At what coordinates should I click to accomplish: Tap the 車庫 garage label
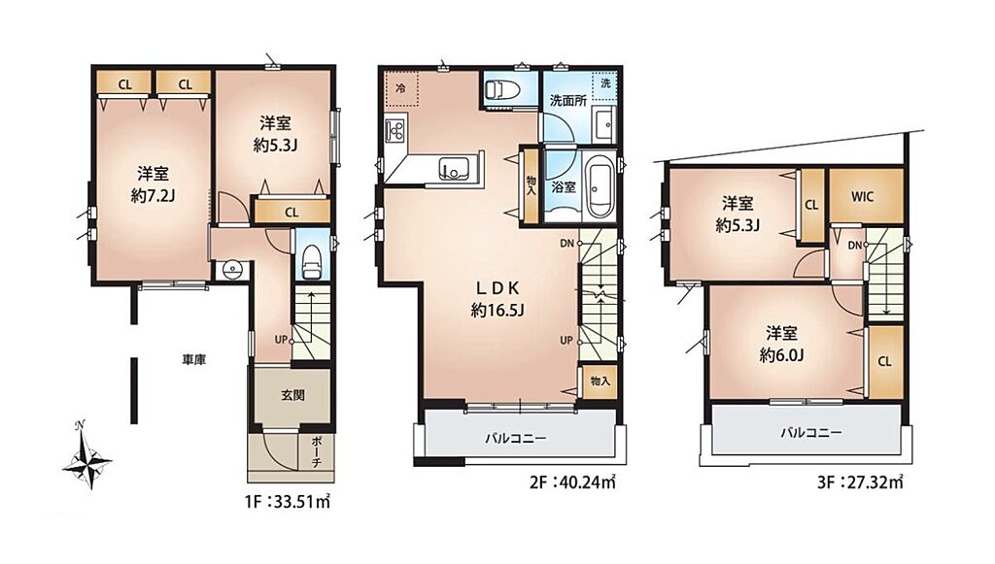pyautogui.click(x=194, y=360)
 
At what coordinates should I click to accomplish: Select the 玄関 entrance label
pyautogui.click(x=293, y=395)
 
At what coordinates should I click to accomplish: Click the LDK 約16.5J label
pyautogui.click(x=498, y=299)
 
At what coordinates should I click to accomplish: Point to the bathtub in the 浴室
pyautogui.click(x=600, y=189)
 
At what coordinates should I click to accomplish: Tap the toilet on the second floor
pyautogui.click(x=502, y=89)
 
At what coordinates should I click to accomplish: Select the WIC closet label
pyautogui.click(x=863, y=196)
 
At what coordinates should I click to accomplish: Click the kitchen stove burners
pyautogui.click(x=396, y=130)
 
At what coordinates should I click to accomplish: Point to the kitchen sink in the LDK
pyautogui.click(x=454, y=168)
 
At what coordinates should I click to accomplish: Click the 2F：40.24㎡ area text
pyautogui.click(x=572, y=482)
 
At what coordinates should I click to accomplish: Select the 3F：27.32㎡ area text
pyautogui.click(x=859, y=482)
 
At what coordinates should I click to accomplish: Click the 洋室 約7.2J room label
pyautogui.click(x=153, y=184)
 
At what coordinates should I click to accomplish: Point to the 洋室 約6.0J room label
pyautogui.click(x=782, y=344)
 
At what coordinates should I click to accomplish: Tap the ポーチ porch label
pyautogui.click(x=317, y=451)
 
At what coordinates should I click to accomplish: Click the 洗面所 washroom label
pyautogui.click(x=567, y=100)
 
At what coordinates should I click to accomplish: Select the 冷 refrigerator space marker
pyautogui.click(x=400, y=88)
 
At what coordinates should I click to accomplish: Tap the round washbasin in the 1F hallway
pyautogui.click(x=233, y=269)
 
